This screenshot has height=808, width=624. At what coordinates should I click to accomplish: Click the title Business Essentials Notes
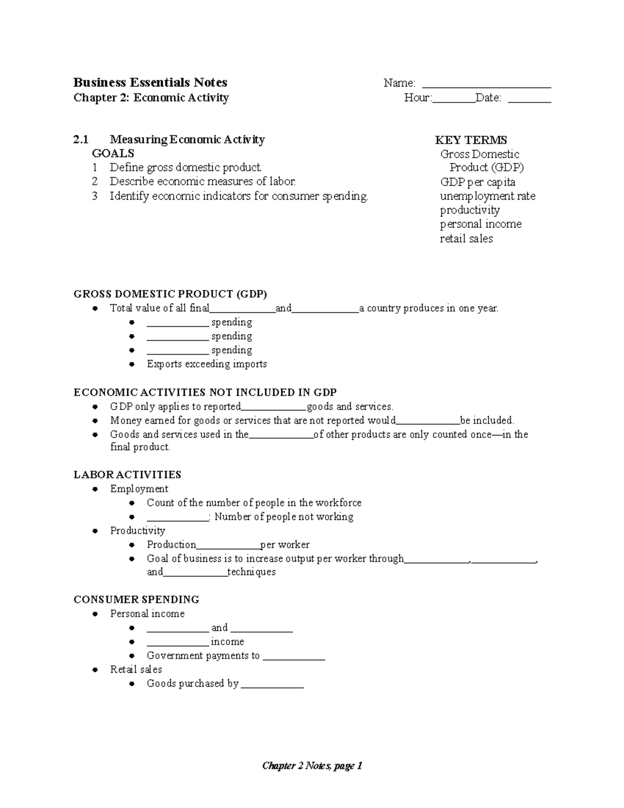pyautogui.click(x=150, y=83)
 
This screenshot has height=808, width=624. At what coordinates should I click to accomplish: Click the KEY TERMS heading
pyautogui.click(x=471, y=140)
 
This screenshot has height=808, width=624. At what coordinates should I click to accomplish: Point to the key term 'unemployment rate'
pyautogui.click(x=487, y=196)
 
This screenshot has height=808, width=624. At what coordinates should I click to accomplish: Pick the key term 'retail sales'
pyautogui.click(x=466, y=239)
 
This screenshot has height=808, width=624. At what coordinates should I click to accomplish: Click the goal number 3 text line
pyautogui.click(x=239, y=196)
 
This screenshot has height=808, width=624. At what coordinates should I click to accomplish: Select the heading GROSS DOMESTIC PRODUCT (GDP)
pyautogui.click(x=170, y=294)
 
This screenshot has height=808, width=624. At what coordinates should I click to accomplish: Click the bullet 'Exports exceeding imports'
pyautogui.click(x=206, y=364)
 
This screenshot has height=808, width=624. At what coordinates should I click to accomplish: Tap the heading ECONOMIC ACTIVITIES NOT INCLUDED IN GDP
pyautogui.click(x=205, y=392)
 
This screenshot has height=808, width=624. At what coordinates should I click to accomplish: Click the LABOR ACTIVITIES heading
pyautogui.click(x=127, y=474)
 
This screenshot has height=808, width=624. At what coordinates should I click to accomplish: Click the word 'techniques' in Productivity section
pyautogui.click(x=252, y=572)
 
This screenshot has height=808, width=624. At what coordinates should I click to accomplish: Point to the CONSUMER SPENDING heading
pyautogui.click(x=136, y=599)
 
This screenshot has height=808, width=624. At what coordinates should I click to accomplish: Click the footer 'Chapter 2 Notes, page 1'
pyautogui.click(x=312, y=766)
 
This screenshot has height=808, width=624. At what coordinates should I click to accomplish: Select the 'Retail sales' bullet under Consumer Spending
pyautogui.click(x=136, y=670)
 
